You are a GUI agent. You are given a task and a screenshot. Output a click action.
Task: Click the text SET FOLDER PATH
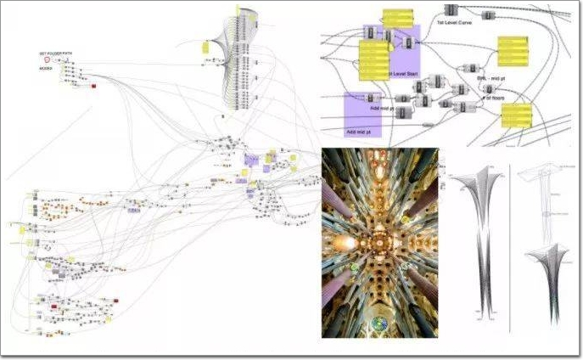[x=56, y=53]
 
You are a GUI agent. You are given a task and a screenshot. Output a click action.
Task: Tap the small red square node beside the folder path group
[x=94, y=86]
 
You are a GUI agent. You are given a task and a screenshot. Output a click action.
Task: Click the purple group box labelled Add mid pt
[x=362, y=115]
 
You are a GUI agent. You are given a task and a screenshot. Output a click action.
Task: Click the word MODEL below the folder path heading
[x=47, y=68]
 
